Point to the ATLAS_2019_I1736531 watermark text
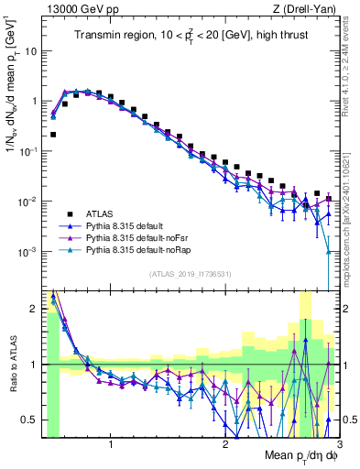(191, 274)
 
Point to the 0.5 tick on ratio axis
(31, 420)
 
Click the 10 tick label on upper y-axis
(29, 51)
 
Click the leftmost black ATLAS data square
(53, 134)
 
